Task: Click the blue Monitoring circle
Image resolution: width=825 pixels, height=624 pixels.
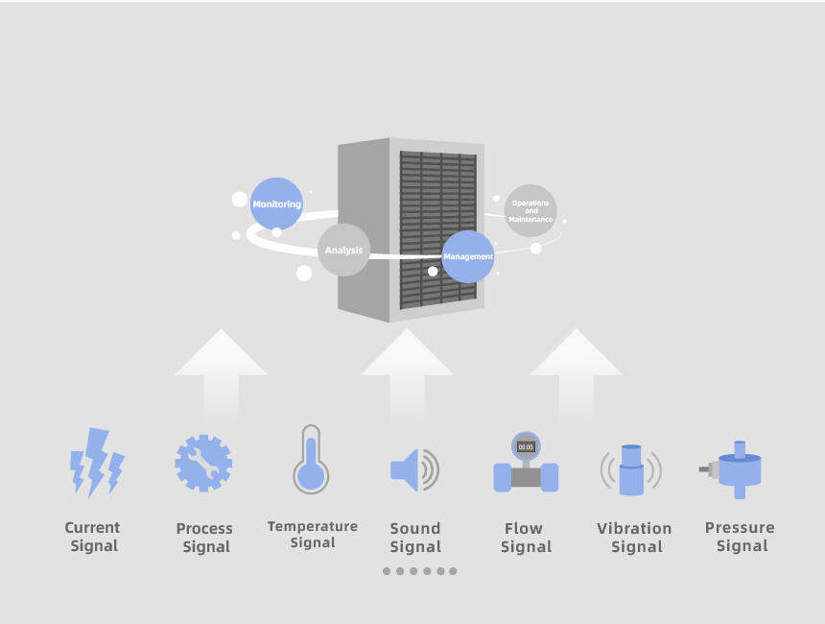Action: pos(276,204)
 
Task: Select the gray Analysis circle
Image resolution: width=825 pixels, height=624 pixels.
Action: pos(344,250)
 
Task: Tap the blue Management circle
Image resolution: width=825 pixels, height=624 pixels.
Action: pos(468,256)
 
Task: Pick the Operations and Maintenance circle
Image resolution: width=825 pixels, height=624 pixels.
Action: pos(530,210)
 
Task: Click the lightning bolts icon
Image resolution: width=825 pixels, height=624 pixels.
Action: pos(97,463)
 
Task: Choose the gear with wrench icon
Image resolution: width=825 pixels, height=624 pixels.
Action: pos(203,464)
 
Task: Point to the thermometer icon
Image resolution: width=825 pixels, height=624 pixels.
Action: pos(311,459)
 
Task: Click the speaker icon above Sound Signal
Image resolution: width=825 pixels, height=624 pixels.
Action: pos(414,469)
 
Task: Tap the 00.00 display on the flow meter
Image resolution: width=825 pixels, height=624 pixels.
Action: pos(526,447)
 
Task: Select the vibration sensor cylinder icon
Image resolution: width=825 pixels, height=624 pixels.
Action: pos(631,470)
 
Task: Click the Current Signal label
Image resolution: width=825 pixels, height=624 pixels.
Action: pos(93,537)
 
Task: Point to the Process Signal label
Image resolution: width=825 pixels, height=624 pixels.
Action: pos(204,538)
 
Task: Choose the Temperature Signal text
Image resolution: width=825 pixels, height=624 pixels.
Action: pos(313,535)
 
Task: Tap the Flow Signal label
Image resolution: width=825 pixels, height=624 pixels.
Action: pos(526,538)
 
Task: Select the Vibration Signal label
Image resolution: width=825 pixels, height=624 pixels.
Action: pos(634,538)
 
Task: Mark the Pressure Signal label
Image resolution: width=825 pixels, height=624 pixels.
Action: pos(740,537)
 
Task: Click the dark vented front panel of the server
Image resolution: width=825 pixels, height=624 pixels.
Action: pos(437,230)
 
